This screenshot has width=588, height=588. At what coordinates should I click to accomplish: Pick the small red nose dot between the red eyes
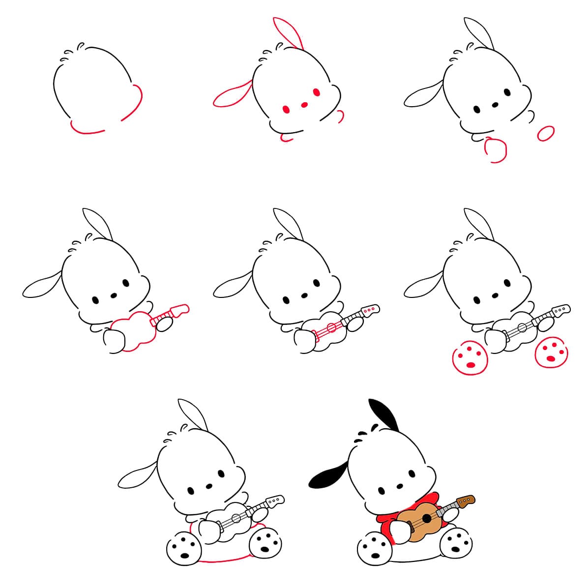point(304,104)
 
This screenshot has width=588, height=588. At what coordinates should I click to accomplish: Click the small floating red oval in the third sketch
point(546,133)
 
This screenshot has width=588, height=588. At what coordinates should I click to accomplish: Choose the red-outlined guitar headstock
point(179,310)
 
